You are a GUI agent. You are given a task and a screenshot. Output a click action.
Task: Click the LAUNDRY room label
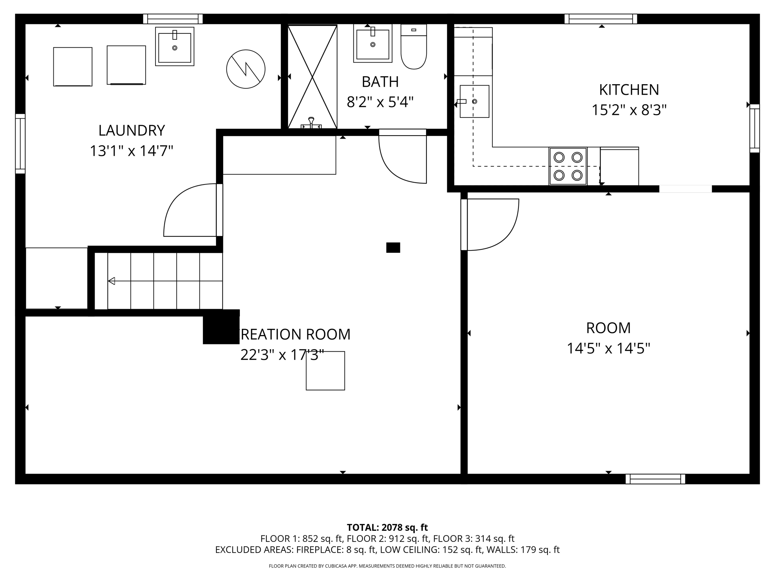pyautogui.click(x=131, y=130)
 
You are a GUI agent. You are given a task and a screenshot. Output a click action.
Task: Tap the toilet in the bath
pyautogui.click(x=414, y=47)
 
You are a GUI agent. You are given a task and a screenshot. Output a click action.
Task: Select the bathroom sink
pyautogui.click(x=373, y=44)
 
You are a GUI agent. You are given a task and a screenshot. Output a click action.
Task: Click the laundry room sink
pyautogui.click(x=174, y=47)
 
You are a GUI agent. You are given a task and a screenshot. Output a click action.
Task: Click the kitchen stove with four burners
pyautogui.click(x=568, y=166)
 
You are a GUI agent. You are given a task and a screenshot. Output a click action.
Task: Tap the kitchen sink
pyautogui.click(x=474, y=102)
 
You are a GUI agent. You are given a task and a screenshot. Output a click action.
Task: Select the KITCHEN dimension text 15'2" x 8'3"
pyautogui.click(x=629, y=110)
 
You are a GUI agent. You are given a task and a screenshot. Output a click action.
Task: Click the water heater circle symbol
pyautogui.click(x=246, y=69)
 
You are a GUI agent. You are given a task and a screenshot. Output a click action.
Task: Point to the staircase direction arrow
pyautogui.click(x=112, y=281)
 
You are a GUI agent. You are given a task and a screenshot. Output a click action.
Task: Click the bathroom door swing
pyautogui.click(x=401, y=159)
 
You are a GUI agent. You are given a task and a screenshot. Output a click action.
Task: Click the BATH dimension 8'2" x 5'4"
pyautogui.click(x=380, y=102)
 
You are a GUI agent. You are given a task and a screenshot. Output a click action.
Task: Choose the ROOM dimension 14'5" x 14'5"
pyautogui.click(x=608, y=348)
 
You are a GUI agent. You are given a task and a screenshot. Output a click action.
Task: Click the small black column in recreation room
pyautogui.click(x=393, y=247)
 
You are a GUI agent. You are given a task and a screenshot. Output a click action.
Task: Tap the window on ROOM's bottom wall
pyautogui.click(x=655, y=479)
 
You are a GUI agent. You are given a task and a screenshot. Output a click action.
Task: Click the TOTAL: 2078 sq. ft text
pyautogui.click(x=387, y=527)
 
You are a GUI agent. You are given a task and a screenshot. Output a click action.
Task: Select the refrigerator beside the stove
pyautogui.click(x=619, y=166)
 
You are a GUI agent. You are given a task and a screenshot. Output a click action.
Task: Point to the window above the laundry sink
pyautogui.click(x=173, y=19)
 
